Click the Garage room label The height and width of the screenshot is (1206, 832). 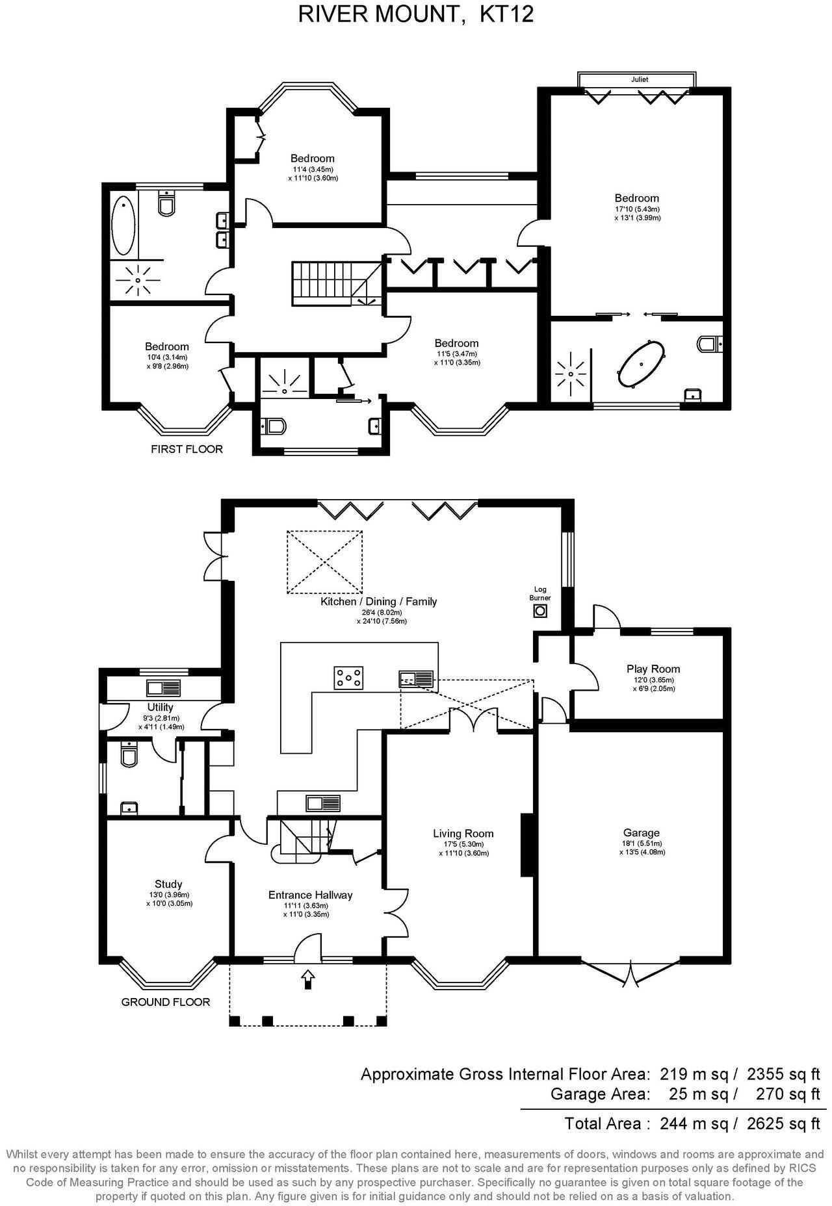coord(641,832)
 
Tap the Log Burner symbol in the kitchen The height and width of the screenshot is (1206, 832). coord(539,610)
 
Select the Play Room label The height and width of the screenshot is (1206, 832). coord(653,669)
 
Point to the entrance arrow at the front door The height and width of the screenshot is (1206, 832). coord(307,979)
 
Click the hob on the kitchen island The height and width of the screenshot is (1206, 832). coord(349,678)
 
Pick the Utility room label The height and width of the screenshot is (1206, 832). coord(160,708)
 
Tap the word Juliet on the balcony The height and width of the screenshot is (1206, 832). coord(639,80)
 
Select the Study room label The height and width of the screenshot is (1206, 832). coord(168,884)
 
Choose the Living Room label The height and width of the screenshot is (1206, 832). coord(463,834)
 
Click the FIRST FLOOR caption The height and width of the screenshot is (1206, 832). coord(187,449)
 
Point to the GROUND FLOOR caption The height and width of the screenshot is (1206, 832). coord(166,1002)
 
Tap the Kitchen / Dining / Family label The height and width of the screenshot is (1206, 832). coord(378,602)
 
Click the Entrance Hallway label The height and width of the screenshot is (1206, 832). coord(310,895)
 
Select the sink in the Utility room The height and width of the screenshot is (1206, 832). coord(164,688)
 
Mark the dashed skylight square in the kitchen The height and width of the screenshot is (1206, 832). coord(325,562)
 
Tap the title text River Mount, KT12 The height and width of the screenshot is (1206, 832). coord(416,14)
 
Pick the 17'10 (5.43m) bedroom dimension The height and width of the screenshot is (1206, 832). coord(637,209)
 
